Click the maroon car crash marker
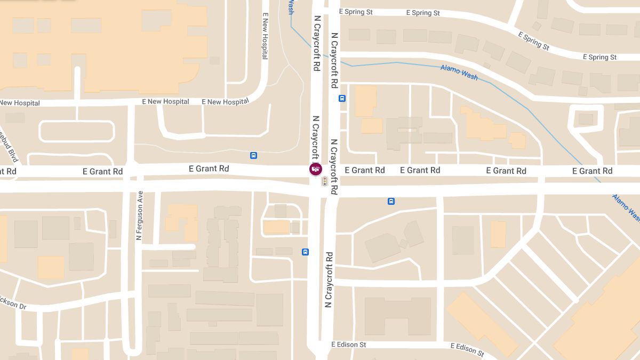[x=316, y=170]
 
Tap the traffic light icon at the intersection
[x=324, y=182]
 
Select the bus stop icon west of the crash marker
[x=254, y=156]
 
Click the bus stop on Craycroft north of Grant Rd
[x=342, y=98]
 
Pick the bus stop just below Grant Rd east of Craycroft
[x=391, y=201]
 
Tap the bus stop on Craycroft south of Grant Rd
[x=305, y=252]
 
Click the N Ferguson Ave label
[x=139, y=215]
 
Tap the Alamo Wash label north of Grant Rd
[x=459, y=72]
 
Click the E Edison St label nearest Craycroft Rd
[x=348, y=345]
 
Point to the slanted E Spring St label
[x=533, y=41]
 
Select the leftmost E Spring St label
[x=355, y=12]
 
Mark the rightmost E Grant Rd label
[x=592, y=171]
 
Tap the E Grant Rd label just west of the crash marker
[x=209, y=169]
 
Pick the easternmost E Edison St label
[x=467, y=350]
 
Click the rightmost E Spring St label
[x=599, y=57]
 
